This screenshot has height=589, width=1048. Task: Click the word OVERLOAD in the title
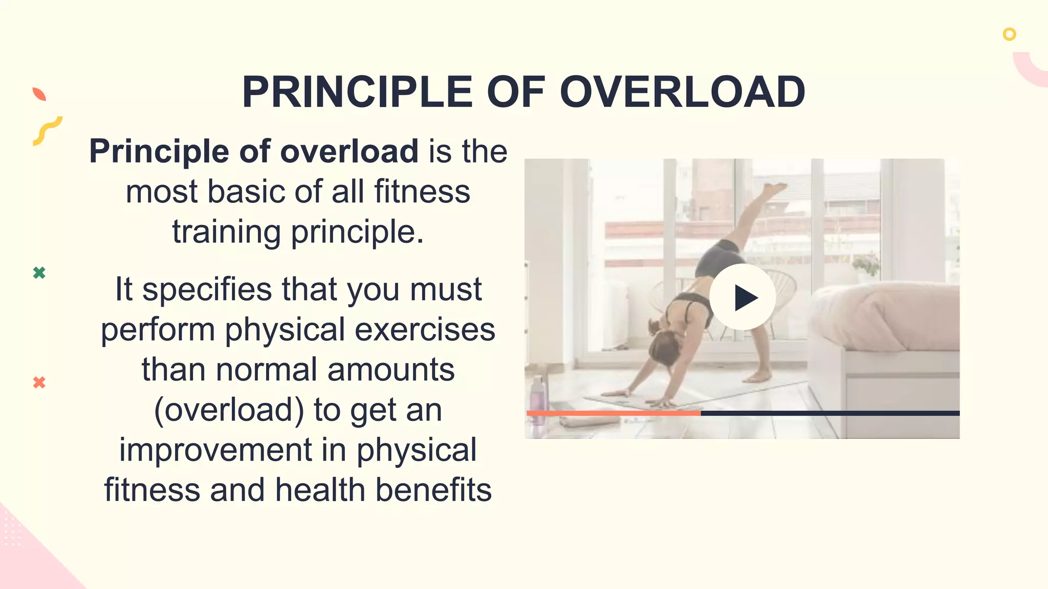click(x=682, y=92)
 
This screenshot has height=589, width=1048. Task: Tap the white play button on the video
click(x=742, y=297)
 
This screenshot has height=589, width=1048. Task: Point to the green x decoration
click(x=39, y=273)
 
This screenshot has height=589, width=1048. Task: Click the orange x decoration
click(x=39, y=382)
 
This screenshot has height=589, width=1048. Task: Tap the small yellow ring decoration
click(x=1009, y=34)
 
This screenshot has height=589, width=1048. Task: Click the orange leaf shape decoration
click(x=39, y=94)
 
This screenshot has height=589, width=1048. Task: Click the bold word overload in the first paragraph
click(x=349, y=151)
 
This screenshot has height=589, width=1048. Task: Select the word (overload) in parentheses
click(x=229, y=410)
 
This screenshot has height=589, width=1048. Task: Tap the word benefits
click(x=433, y=490)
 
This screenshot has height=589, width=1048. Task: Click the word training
click(x=226, y=232)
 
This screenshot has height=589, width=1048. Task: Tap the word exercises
click(x=425, y=330)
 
